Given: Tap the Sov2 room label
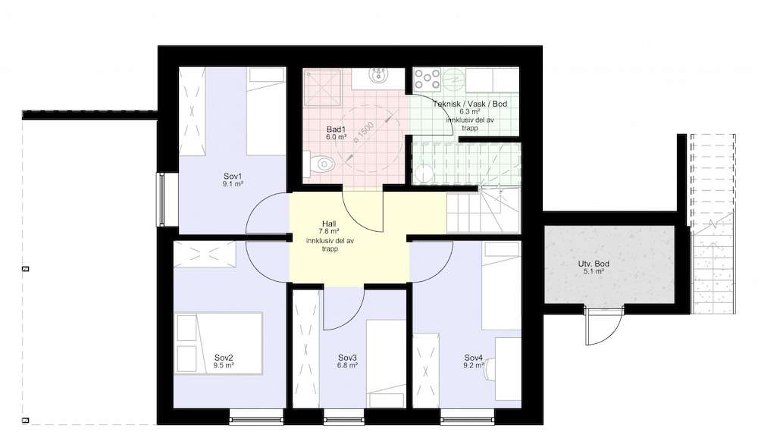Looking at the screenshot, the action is (224, 358).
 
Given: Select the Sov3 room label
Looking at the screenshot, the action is (347, 358).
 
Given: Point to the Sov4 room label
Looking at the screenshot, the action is (473, 358).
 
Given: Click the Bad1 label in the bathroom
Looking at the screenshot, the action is (336, 130).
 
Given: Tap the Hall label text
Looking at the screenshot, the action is (329, 224).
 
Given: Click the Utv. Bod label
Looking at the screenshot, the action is (594, 264).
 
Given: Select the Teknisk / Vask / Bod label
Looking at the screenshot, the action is (470, 104).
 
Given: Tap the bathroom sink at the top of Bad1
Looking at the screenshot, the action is (377, 76).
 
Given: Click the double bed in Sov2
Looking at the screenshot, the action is (218, 344).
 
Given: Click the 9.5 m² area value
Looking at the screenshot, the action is (224, 366).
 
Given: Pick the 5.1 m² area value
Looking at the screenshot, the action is (594, 271).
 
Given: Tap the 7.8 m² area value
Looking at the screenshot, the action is (329, 232).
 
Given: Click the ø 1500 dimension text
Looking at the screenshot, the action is (364, 132).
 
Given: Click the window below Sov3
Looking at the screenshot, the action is (343, 417).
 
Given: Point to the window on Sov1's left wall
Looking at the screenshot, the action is (161, 199).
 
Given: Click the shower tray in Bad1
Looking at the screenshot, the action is (322, 87).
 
